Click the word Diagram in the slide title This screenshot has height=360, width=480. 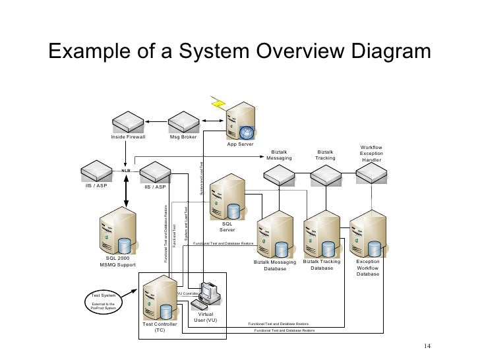[x=369, y=52]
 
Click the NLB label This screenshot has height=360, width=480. [x=125, y=170]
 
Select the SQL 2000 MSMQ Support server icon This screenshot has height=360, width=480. [x=118, y=231]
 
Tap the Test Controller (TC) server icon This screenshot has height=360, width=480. [x=159, y=297]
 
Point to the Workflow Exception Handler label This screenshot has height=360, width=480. [x=371, y=154]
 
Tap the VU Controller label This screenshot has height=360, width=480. [x=187, y=293]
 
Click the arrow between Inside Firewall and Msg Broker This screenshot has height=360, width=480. [x=156, y=121]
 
